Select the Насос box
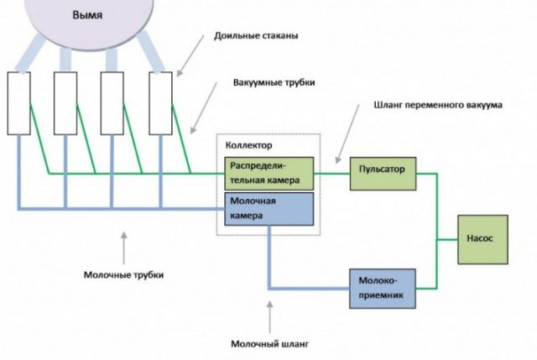coord(479,237)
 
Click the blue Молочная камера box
coord(269,209)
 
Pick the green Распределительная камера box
coord(269,173)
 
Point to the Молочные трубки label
coord(123,274)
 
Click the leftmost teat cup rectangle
coord(19,103)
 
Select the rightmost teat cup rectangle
coord(161,103)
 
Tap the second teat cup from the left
coord(65,103)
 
